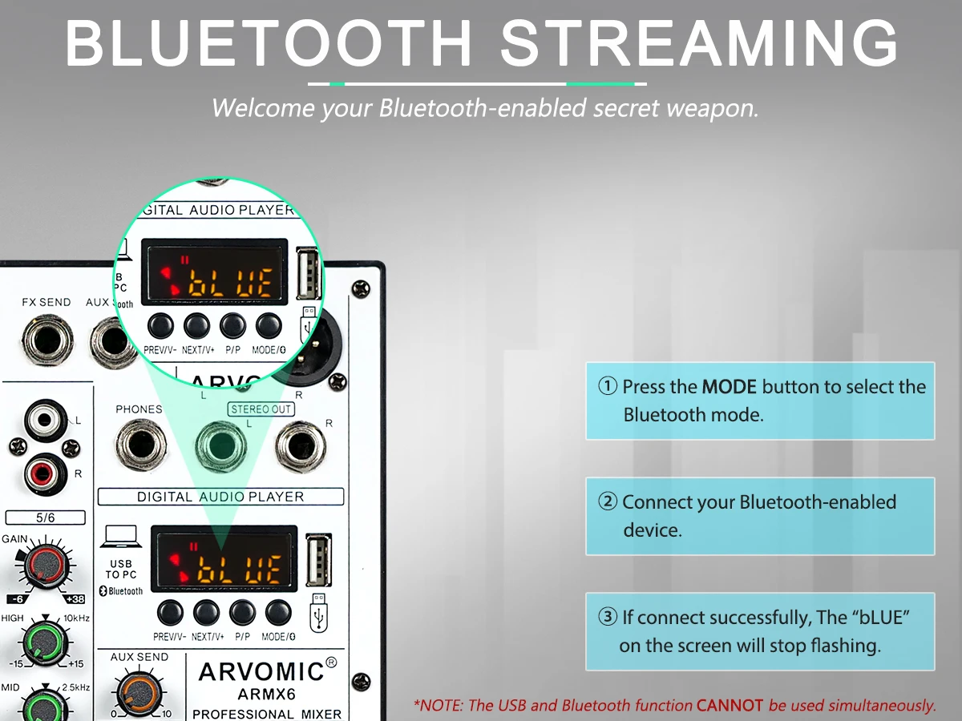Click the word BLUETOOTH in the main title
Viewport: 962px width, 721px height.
coord(269,42)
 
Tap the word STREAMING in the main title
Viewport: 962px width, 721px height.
coord(698,42)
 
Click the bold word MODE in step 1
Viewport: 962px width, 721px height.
coord(730,387)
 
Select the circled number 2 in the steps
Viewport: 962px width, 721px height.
coord(608,501)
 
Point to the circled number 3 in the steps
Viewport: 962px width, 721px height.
coord(608,617)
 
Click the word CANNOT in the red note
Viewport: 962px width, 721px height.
coord(730,705)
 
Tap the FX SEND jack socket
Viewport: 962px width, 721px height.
coord(48,340)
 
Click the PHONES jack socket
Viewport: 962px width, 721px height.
coord(140,445)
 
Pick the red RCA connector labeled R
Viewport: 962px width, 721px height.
coord(44,474)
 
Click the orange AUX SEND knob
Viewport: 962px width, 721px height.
coord(139,691)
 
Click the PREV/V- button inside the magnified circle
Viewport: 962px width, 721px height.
coord(160,326)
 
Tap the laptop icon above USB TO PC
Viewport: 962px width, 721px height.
coord(121,536)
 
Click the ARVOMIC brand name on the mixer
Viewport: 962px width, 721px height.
coord(261,671)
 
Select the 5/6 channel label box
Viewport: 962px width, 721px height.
coord(45,518)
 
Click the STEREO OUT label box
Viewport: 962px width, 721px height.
coord(261,409)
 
